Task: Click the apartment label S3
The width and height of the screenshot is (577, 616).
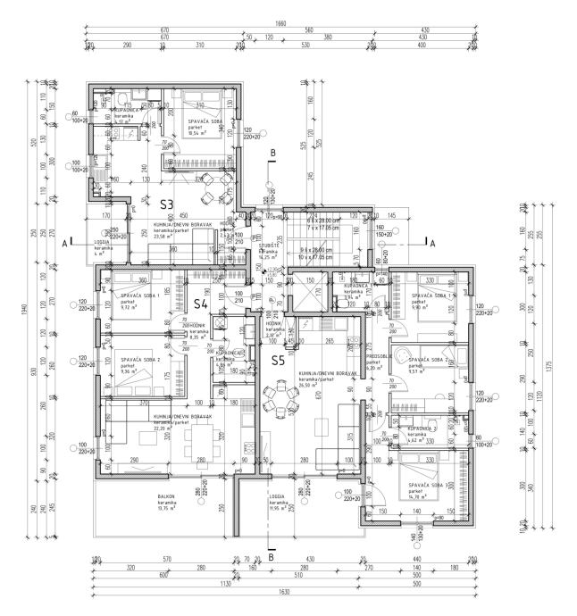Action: (167, 204)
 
